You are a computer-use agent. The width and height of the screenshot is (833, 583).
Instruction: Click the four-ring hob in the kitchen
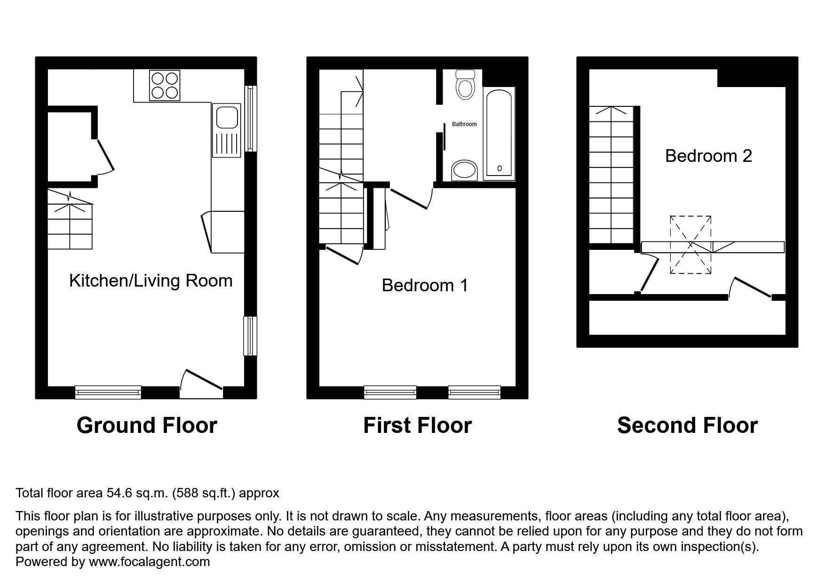164,85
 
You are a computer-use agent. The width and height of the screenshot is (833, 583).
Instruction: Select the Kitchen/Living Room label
151,281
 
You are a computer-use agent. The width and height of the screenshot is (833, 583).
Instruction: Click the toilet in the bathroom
466,85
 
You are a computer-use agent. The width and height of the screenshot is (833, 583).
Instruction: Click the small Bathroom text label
464,124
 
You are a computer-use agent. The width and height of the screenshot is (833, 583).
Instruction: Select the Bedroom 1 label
425,286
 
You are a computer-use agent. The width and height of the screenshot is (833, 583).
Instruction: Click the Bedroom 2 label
708,156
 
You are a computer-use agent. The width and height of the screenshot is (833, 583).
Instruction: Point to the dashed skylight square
690,245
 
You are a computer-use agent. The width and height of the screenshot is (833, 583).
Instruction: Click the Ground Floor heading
147,425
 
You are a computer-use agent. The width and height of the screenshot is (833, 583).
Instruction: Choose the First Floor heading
417,425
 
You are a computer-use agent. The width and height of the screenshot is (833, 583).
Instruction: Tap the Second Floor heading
687,425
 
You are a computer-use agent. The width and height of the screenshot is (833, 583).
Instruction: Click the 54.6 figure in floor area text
116,493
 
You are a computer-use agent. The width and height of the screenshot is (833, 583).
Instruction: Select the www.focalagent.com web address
149,562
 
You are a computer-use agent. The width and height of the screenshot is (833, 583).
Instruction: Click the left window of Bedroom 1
390,391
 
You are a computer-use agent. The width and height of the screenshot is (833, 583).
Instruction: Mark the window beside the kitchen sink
252,118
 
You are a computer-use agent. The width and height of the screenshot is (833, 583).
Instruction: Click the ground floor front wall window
108,391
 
